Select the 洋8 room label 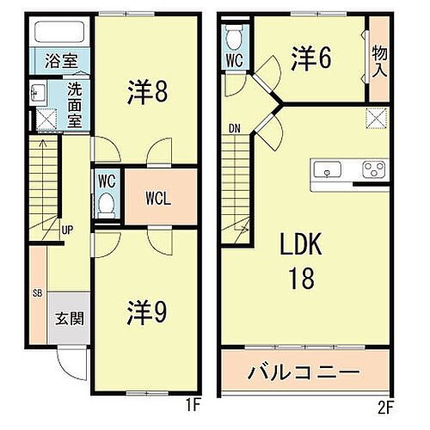[x=149, y=90]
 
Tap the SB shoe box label [x=37, y=293]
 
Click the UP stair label [x=66, y=230]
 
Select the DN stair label [x=235, y=130]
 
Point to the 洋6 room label [x=311, y=59]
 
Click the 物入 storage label [x=378, y=62]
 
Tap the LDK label [x=298, y=247]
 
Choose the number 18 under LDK [x=299, y=278]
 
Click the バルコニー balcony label [x=304, y=373]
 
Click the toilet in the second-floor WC [x=233, y=39]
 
